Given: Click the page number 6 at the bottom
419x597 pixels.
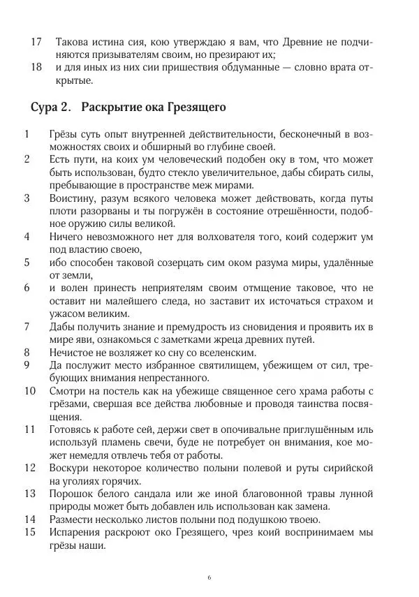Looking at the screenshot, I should tap(209, 577).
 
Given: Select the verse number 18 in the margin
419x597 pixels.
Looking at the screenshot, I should tap(37, 68).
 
